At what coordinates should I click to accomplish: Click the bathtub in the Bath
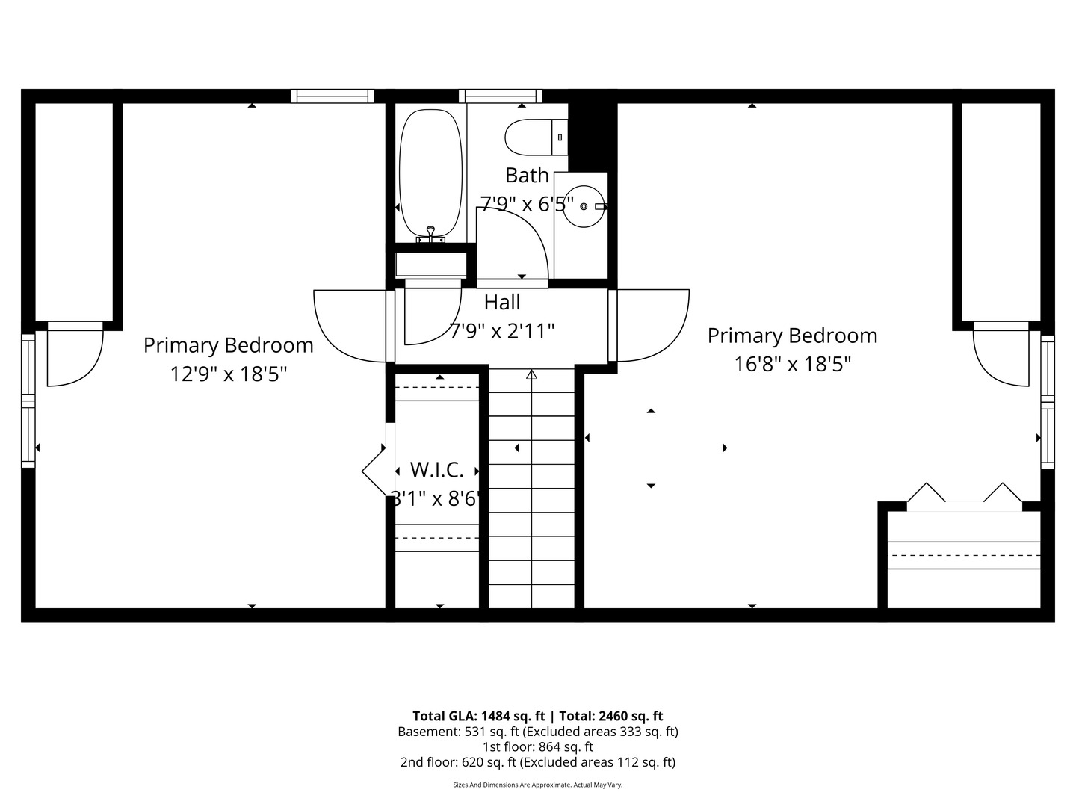(430, 173)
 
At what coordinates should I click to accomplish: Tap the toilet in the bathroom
(532, 137)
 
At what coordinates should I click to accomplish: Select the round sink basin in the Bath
(584, 206)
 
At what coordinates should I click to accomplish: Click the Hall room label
(502, 303)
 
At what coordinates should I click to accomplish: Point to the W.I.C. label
(437, 470)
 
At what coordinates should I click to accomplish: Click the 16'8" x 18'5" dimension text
(792, 364)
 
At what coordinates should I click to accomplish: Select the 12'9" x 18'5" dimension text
(229, 374)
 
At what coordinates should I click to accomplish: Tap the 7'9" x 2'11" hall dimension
(502, 330)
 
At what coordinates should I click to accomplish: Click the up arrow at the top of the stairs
(532, 374)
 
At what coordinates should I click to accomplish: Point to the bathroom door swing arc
(523, 239)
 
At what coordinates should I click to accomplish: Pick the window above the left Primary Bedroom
(333, 96)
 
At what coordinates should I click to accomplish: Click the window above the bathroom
(501, 96)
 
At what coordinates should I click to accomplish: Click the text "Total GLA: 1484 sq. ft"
(479, 716)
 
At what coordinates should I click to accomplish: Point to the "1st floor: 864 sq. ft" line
(538, 746)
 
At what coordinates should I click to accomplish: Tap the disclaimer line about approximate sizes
(538, 785)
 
